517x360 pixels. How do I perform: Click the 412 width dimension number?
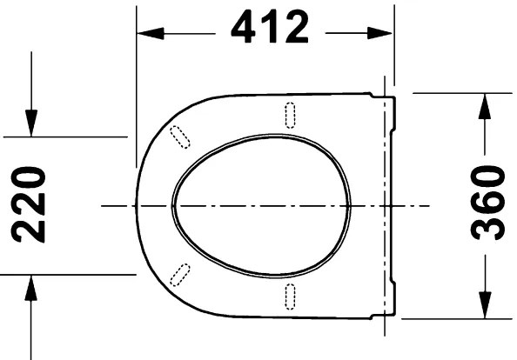pyautogui.click(x=270, y=30)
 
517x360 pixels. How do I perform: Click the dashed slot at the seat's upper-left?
pyautogui.click(x=180, y=136)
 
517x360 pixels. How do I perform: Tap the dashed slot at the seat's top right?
pyautogui.click(x=291, y=114)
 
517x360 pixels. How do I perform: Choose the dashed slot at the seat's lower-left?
pyautogui.click(x=180, y=273)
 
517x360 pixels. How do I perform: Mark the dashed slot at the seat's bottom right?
pyautogui.click(x=291, y=295)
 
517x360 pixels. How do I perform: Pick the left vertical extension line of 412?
pyautogui.click(x=137, y=87)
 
